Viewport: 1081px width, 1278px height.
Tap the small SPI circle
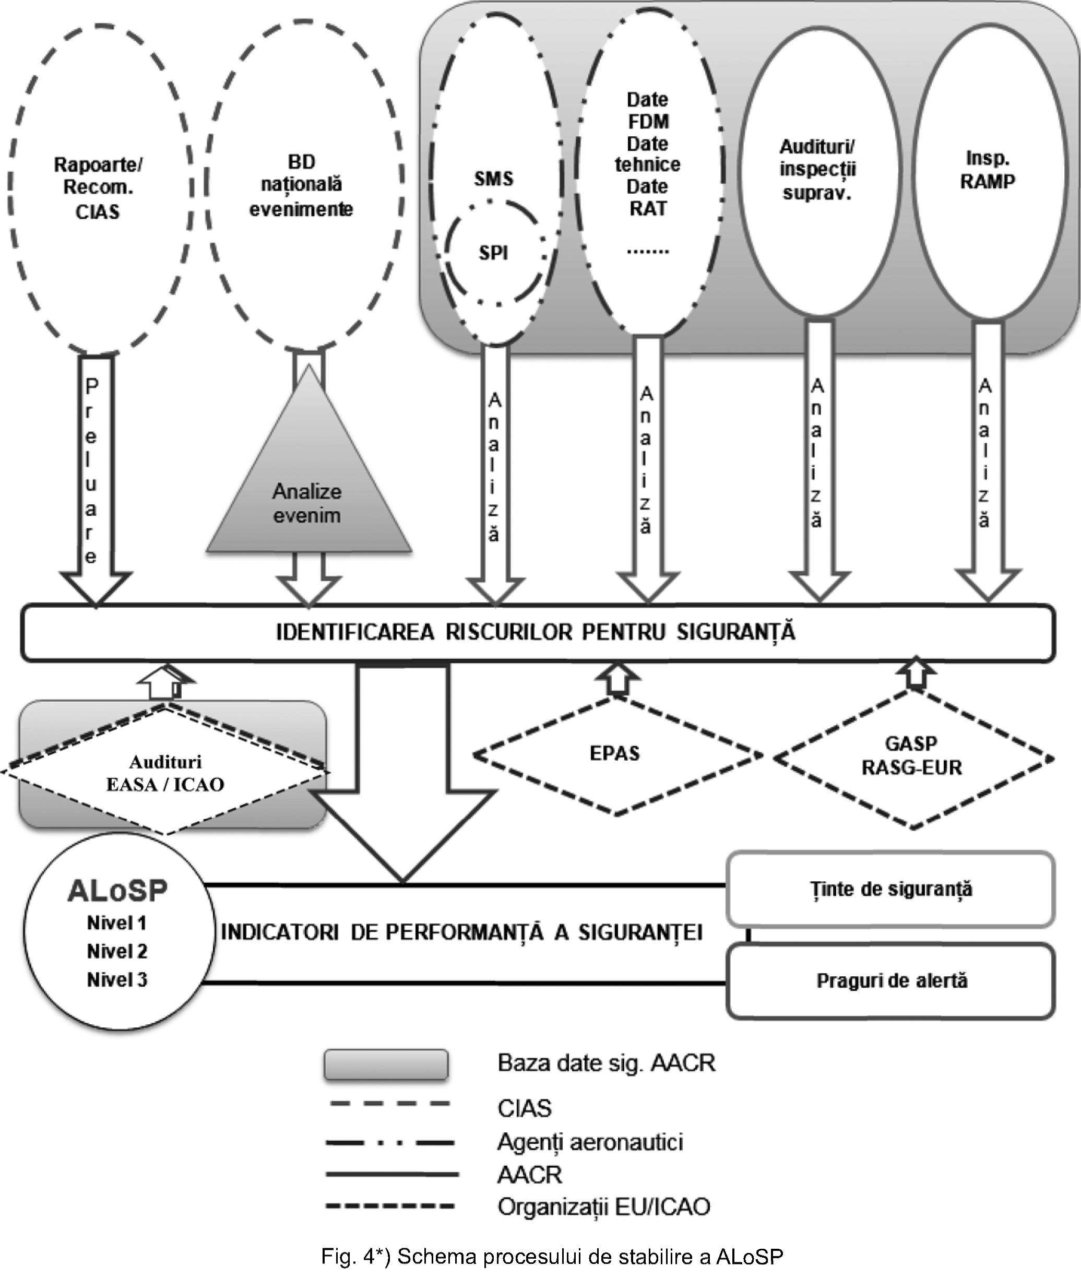point(493,253)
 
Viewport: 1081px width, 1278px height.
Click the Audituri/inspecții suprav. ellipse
point(817,170)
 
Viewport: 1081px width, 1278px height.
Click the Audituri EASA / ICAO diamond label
point(165,774)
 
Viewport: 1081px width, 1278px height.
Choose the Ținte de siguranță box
point(890,889)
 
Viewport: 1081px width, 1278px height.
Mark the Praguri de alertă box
point(891,981)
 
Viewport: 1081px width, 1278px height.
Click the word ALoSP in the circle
point(117,891)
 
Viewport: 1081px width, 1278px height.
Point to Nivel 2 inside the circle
point(117,951)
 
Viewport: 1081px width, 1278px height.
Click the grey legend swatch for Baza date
point(386,1064)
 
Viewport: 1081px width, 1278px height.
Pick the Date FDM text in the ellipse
point(648,110)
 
